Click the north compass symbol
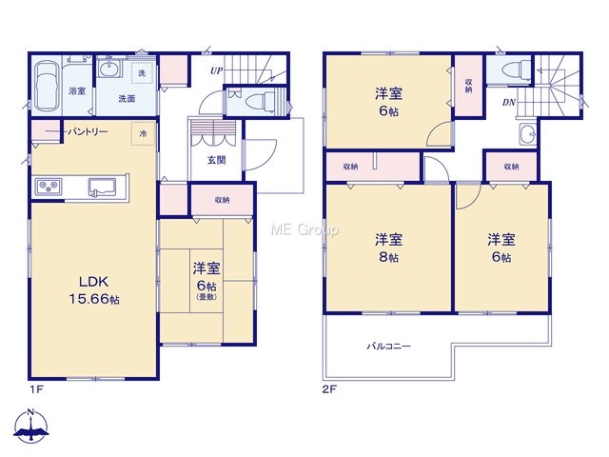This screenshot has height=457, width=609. [x=31, y=426]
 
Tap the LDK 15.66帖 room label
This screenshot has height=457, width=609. [x=94, y=290]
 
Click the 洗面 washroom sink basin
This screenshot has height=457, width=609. [x=108, y=70]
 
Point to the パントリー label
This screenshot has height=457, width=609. [x=88, y=132]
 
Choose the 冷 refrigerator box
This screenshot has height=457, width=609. [x=144, y=133]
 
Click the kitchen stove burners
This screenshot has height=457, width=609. [x=49, y=187]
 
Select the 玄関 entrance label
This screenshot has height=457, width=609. [x=216, y=160]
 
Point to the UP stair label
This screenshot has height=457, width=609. [x=217, y=70]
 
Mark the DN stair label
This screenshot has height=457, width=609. [x=509, y=102]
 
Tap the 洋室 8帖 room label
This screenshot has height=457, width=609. [x=388, y=248]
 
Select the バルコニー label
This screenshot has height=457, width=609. [x=389, y=346]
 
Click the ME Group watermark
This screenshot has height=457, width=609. [x=304, y=230]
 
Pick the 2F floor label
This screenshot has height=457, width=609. [x=329, y=389]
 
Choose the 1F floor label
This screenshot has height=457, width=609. [x=36, y=389]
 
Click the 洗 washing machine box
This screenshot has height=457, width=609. [x=142, y=72]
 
